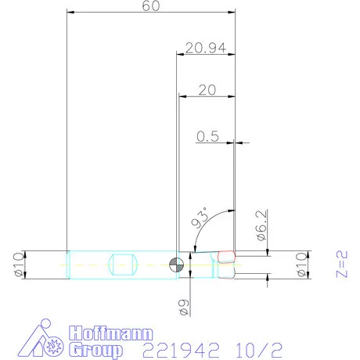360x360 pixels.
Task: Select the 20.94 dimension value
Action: tap(207, 48)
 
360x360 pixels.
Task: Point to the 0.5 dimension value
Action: tap(207, 136)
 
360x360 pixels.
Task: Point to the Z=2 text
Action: tap(340, 264)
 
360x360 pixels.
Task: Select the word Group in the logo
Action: tap(95, 349)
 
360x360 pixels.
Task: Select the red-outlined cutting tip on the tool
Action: tap(226, 256)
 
